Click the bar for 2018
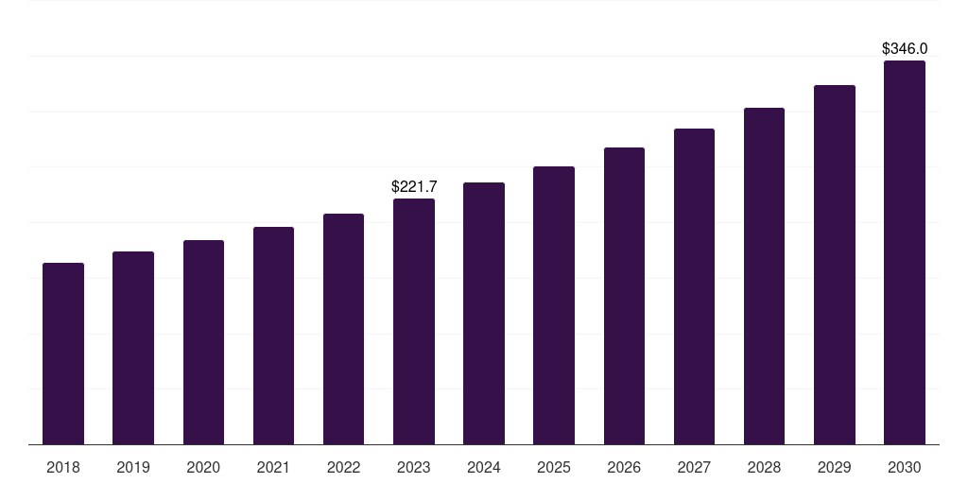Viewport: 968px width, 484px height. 63,354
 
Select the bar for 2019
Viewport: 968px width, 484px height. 133,348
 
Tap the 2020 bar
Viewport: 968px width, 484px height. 203,342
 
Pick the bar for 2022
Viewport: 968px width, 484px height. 343,329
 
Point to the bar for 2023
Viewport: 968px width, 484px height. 414,321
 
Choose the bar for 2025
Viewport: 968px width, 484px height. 554,305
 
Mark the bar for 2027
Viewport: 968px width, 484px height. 694,286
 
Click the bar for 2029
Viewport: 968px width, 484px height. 835,265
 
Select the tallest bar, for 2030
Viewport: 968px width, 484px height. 905,252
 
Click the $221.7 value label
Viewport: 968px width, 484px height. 414,187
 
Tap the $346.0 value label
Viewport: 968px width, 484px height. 905,48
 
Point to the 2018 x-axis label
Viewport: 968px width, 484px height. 63,467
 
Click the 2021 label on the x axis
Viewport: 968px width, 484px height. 273,467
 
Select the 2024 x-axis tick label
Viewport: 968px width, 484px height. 484,467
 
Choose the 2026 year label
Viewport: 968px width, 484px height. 624,467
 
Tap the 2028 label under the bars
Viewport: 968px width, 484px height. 764,467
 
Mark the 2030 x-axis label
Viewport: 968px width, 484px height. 905,467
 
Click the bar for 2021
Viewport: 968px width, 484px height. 273,336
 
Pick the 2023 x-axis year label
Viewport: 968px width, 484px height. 414,467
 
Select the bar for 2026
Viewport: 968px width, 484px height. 624,296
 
